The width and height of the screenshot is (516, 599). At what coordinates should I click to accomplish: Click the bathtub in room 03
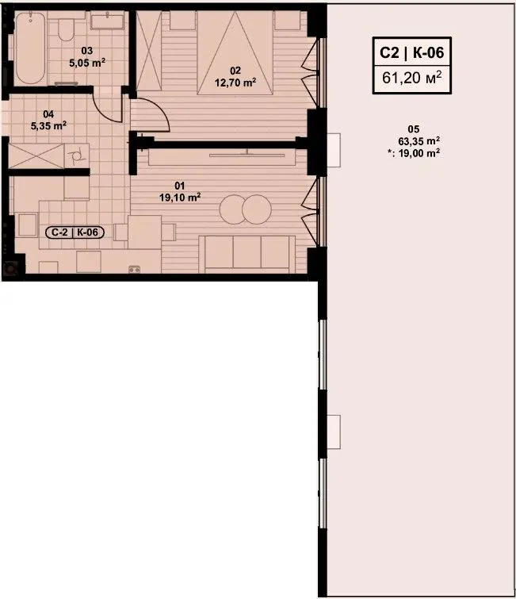coord(31,48)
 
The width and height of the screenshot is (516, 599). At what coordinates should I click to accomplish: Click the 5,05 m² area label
coord(87,63)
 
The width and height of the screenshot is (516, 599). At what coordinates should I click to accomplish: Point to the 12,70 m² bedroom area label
coord(235,83)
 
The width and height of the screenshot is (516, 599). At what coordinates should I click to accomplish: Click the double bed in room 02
coord(235,52)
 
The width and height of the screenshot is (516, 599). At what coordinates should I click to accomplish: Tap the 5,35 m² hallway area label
coord(48,125)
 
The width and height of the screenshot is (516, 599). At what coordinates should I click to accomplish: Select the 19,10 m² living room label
coord(180,197)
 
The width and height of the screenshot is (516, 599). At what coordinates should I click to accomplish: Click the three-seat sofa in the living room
coord(247,254)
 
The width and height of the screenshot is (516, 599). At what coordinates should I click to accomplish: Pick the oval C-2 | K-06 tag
coord(75,232)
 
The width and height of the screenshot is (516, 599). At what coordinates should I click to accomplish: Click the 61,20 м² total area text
coord(412,78)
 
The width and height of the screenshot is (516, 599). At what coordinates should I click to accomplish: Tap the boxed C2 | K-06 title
coord(412,52)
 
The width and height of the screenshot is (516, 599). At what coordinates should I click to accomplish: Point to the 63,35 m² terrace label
coord(419,141)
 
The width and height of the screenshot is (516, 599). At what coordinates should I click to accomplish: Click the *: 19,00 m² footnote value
coord(413,153)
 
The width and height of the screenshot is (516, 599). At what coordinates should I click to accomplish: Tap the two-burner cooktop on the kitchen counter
coord(134,269)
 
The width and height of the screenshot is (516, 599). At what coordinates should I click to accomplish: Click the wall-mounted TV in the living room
coord(247,155)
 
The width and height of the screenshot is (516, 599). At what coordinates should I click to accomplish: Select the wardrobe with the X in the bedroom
coord(149,51)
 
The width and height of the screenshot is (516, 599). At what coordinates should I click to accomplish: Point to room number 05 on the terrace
coord(413,129)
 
